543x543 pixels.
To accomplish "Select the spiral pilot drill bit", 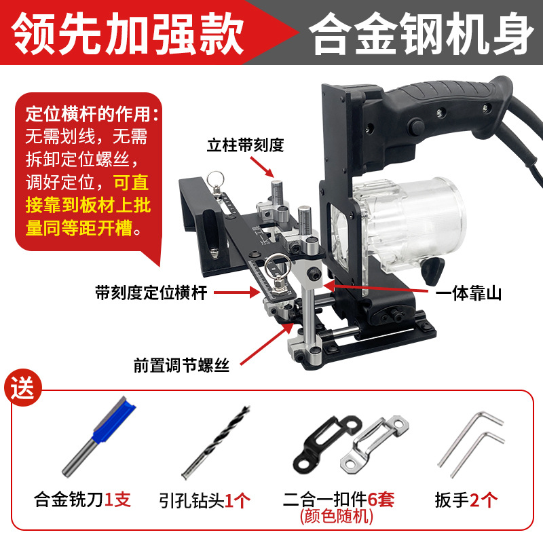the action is click(215, 443).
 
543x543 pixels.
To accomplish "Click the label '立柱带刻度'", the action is click(246, 145).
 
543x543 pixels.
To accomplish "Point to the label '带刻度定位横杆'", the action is click(151, 293).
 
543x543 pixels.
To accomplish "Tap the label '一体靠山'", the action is click(468, 294).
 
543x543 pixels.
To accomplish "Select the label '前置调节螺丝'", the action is click(181, 365).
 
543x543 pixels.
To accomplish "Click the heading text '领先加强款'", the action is click(128, 33).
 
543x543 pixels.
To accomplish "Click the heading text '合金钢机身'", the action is click(421, 33).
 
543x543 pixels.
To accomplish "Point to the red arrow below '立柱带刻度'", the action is click(262, 168).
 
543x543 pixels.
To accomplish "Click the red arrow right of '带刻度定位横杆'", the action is click(237, 293).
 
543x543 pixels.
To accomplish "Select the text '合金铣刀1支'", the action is click(82, 500).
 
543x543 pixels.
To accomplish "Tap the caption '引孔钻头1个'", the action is click(204, 500).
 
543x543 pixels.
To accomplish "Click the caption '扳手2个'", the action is click(466, 500).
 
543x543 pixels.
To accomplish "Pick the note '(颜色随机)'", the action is click(336, 517).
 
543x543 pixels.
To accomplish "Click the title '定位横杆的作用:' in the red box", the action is click(92, 114).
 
